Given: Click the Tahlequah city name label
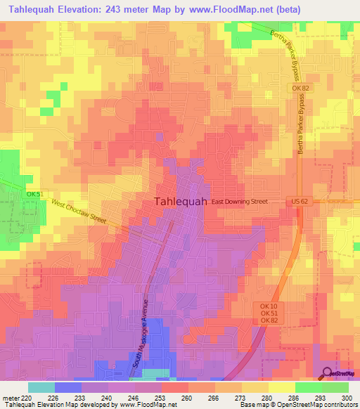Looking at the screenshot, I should click(180, 201).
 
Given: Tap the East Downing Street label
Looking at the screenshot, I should click(240, 201).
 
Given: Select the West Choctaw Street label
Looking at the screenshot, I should click(79, 212).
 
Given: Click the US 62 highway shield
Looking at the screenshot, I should click(300, 202).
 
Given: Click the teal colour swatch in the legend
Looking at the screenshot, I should click(41, 387).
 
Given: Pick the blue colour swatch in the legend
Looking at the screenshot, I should click(68, 387).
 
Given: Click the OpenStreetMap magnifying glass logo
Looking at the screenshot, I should click(327, 372).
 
